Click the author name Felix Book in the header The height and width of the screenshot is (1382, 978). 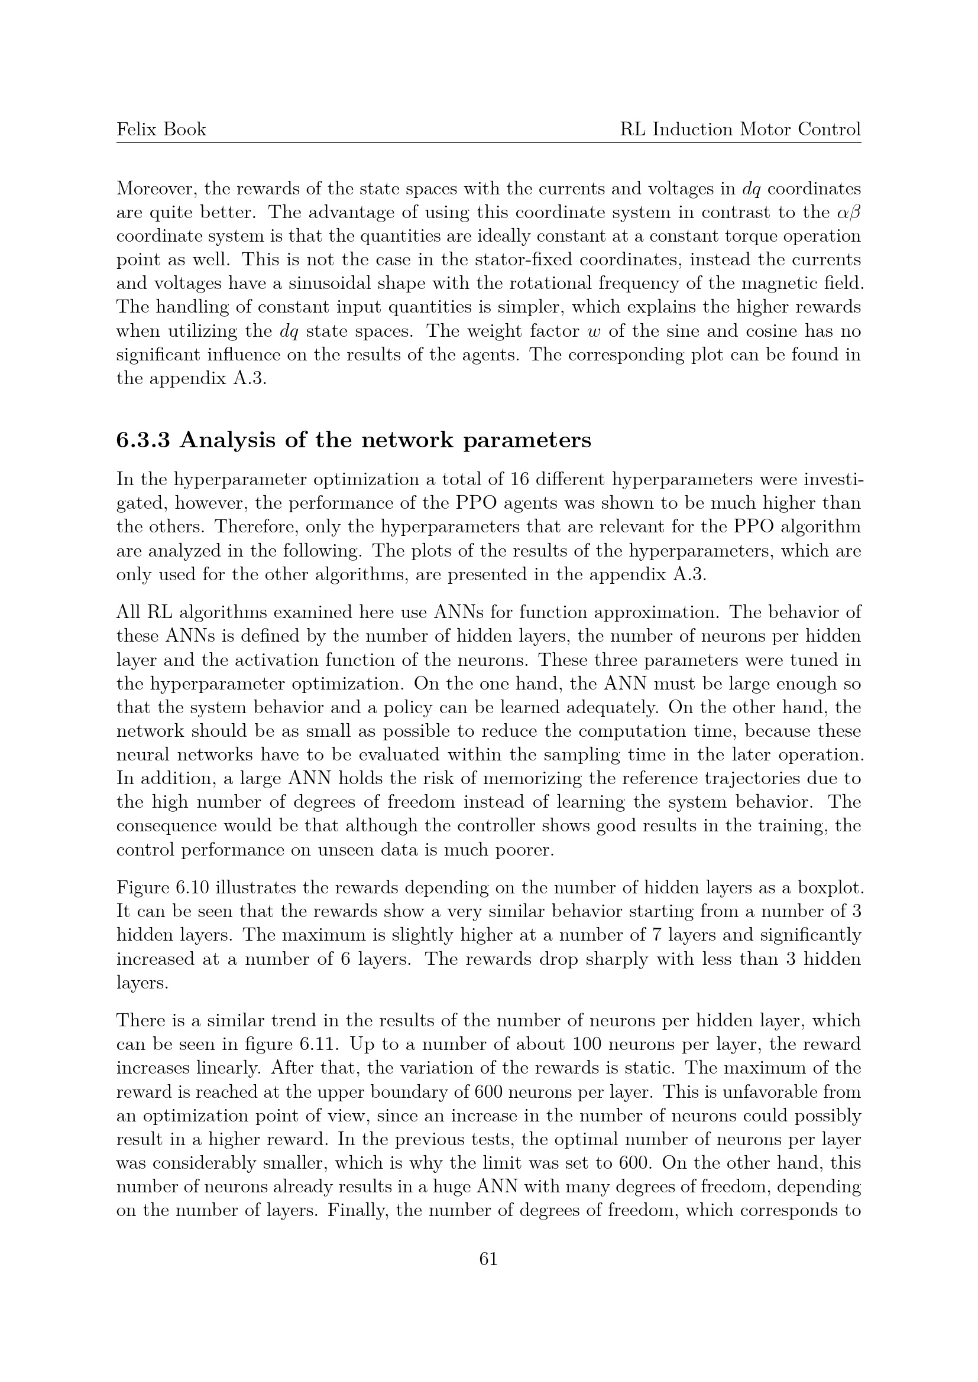161,129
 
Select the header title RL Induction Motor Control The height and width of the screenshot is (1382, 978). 740,129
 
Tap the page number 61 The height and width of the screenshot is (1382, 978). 488,1259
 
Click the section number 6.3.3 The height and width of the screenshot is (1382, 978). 143,441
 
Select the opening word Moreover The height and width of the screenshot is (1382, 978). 156,189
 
